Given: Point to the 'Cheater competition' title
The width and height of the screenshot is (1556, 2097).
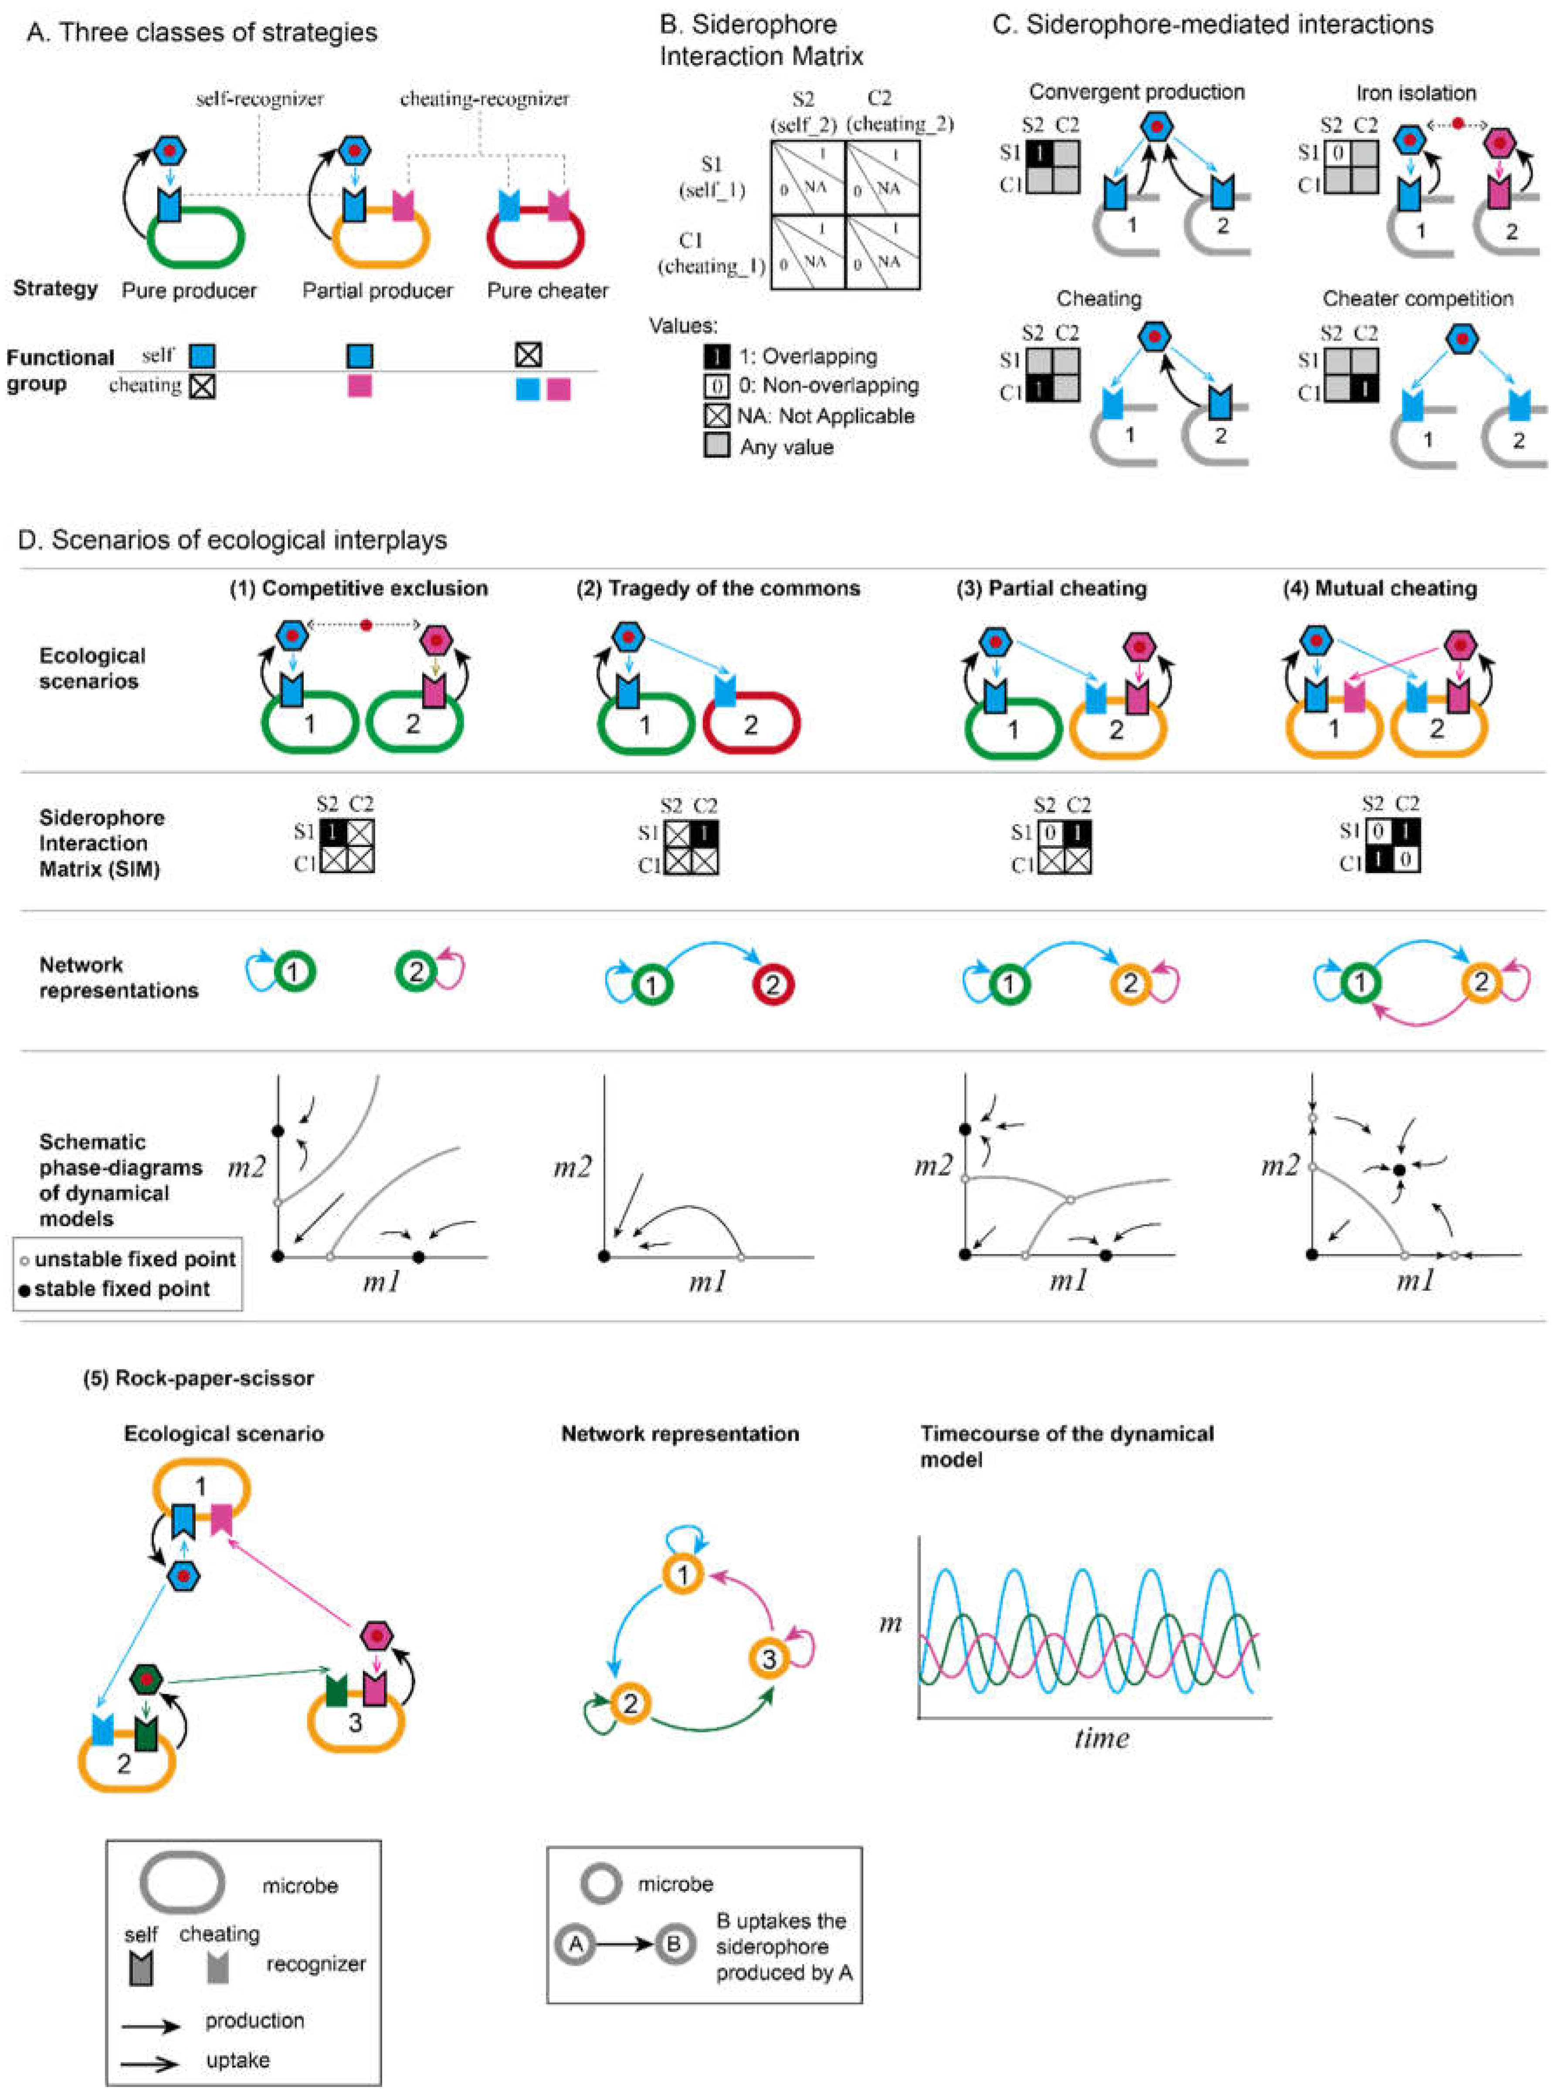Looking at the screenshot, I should (x=1417, y=299).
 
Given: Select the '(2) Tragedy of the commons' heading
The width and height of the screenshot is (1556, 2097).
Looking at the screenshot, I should (x=718, y=589).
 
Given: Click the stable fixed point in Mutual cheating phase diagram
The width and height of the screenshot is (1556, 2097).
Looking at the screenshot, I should (x=1399, y=1169).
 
